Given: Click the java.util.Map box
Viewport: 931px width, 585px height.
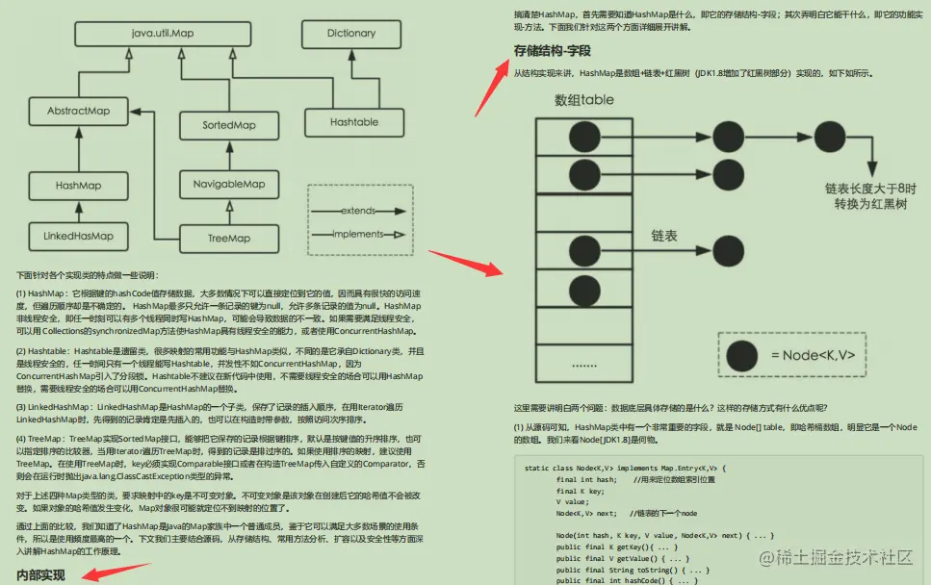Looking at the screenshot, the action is click(163, 34).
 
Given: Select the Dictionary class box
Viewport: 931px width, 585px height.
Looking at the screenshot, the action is click(351, 34).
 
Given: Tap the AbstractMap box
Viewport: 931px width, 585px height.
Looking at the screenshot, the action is click(79, 112).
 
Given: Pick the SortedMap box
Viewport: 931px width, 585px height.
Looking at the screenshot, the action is click(229, 126).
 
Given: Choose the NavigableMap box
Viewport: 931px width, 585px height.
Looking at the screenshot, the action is click(229, 184).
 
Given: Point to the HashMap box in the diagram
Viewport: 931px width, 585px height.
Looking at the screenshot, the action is click(79, 184).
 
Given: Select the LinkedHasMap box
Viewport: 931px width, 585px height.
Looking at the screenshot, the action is click(79, 236).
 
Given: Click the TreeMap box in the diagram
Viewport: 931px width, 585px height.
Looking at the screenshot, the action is click(229, 238).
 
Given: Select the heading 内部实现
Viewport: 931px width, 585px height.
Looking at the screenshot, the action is click(41, 574).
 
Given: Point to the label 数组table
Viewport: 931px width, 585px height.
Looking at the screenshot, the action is click(583, 100).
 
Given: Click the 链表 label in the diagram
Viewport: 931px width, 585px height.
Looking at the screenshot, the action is click(664, 236).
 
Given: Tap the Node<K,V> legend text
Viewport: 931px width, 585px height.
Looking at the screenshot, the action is click(813, 355).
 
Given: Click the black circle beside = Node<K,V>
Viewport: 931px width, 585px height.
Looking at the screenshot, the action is click(739, 355).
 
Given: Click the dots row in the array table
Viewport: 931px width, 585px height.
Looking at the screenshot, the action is click(583, 366).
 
